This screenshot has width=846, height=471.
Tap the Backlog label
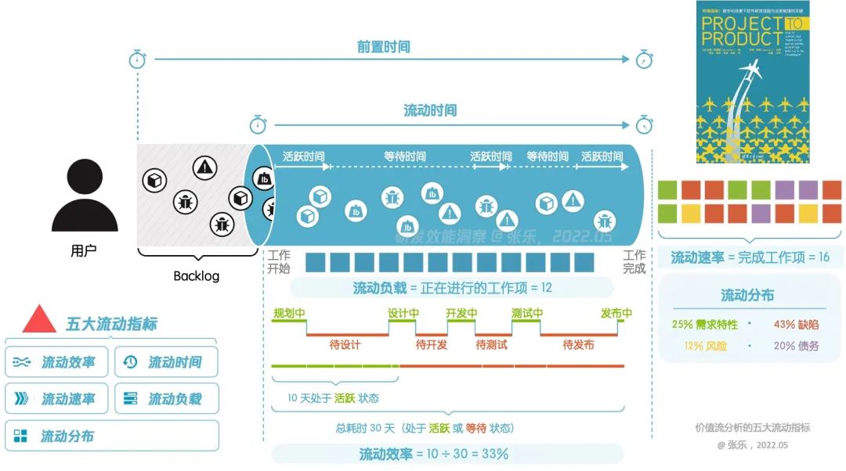pyautogui.click(x=196, y=276)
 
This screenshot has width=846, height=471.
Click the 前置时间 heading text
pyautogui.click(x=384, y=47)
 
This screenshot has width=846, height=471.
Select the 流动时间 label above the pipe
pyautogui.click(x=430, y=110)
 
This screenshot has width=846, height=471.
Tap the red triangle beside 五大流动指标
pyautogui.click(x=39, y=320)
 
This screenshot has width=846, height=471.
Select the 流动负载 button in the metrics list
pyautogui.click(x=165, y=399)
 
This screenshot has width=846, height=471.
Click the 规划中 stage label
pyautogui.click(x=289, y=314)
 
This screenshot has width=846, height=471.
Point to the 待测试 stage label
pyautogui.click(x=492, y=344)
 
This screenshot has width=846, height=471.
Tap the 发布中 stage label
pyautogui.click(x=616, y=314)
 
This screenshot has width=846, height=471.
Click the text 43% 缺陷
pyautogui.click(x=796, y=324)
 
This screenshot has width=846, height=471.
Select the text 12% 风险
pyautogui.click(x=704, y=346)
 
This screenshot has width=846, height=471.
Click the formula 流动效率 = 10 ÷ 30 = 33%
pyautogui.click(x=434, y=454)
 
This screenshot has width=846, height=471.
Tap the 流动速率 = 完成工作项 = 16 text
pyautogui.click(x=750, y=257)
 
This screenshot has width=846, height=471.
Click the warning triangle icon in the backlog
pyautogui.click(x=205, y=166)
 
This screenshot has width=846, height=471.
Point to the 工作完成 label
pyautogui.click(x=634, y=261)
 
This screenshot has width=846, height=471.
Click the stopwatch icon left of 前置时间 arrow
pyautogui.click(x=138, y=59)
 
